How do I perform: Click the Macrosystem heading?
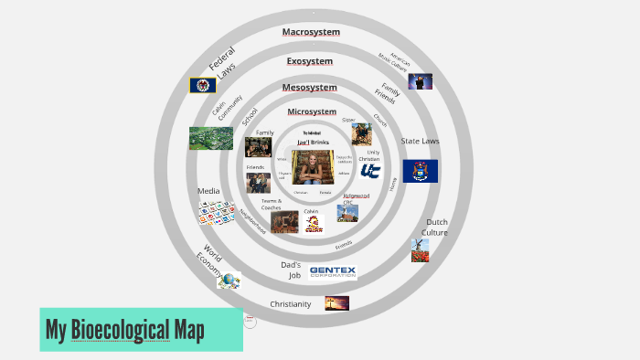[311, 32]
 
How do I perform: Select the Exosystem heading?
[310, 61]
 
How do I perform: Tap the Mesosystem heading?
[309, 88]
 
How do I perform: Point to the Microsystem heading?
[312, 111]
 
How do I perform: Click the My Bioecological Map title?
[125, 329]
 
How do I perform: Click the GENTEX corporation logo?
[332, 271]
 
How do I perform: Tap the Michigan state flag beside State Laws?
[420, 171]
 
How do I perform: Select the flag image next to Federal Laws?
[202, 85]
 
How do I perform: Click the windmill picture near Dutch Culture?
[420, 250]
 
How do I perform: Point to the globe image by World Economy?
[229, 281]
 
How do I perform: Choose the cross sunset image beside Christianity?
[336, 303]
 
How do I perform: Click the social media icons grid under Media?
[217, 212]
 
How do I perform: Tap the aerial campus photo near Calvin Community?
[210, 138]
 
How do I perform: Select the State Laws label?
[420, 142]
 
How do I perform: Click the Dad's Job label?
[291, 270]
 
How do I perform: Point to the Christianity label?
[290, 304]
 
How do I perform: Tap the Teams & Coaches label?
[271, 204]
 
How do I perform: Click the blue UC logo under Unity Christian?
[370, 170]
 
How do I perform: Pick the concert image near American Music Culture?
[420, 81]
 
